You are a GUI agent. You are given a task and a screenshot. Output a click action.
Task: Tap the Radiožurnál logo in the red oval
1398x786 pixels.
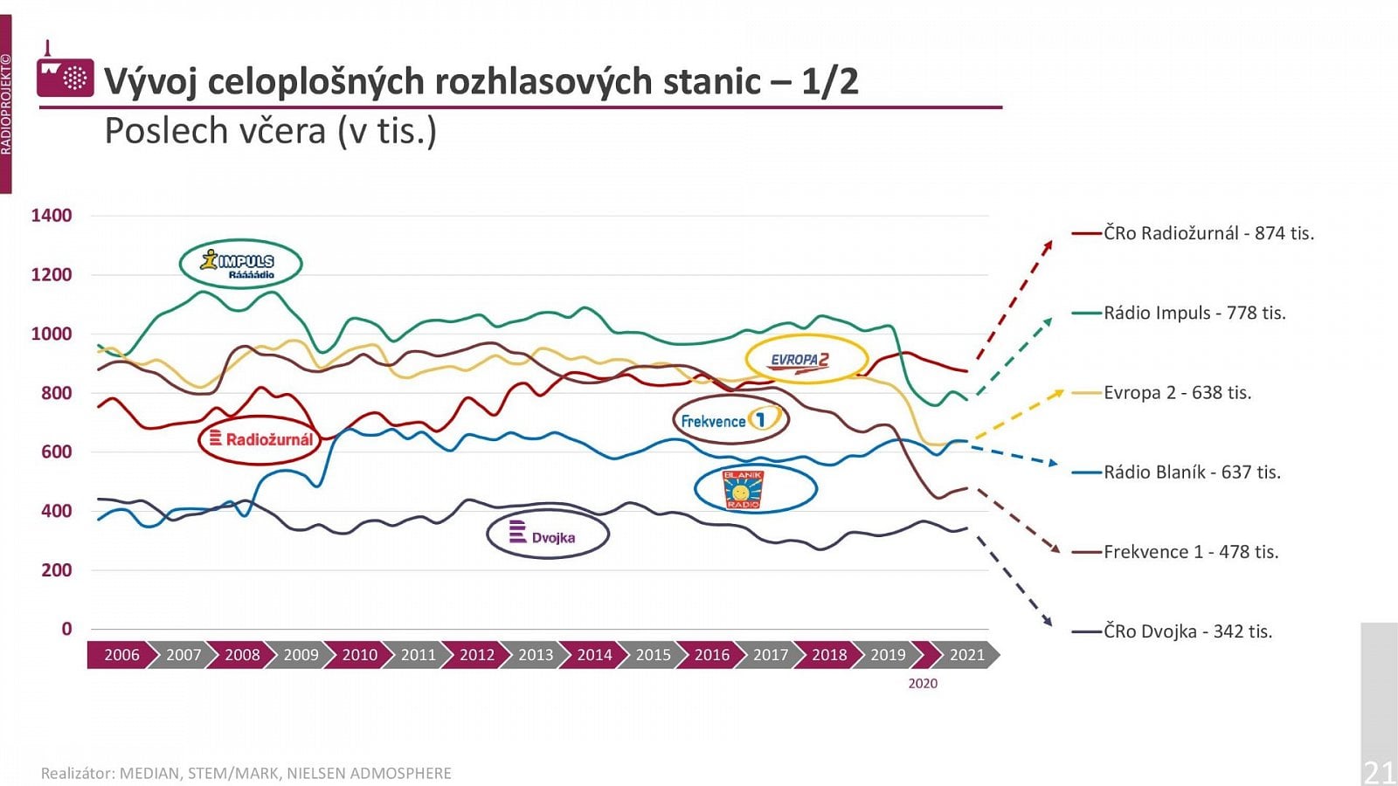tap(260, 439)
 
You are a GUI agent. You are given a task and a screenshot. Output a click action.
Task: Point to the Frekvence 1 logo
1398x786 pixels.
tap(730, 420)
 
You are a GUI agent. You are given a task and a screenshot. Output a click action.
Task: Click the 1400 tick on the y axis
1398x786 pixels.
tap(52, 216)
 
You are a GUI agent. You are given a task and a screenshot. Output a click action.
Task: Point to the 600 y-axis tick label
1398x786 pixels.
tap(56, 452)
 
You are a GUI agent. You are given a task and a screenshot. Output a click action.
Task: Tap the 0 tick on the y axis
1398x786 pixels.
tap(66, 629)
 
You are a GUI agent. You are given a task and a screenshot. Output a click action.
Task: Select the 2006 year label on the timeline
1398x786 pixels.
tap(121, 655)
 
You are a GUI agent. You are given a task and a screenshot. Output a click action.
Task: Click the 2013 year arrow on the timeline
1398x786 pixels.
tap(536, 655)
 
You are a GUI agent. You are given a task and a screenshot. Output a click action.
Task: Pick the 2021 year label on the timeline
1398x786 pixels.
tap(966, 655)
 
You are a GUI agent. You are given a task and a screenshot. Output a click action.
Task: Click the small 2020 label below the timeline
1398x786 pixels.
tap(923, 684)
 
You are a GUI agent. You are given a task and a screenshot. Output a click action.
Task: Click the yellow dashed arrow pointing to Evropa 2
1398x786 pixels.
tap(1018, 415)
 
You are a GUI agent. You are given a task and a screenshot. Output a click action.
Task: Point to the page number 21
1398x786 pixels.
tap(1380, 771)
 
